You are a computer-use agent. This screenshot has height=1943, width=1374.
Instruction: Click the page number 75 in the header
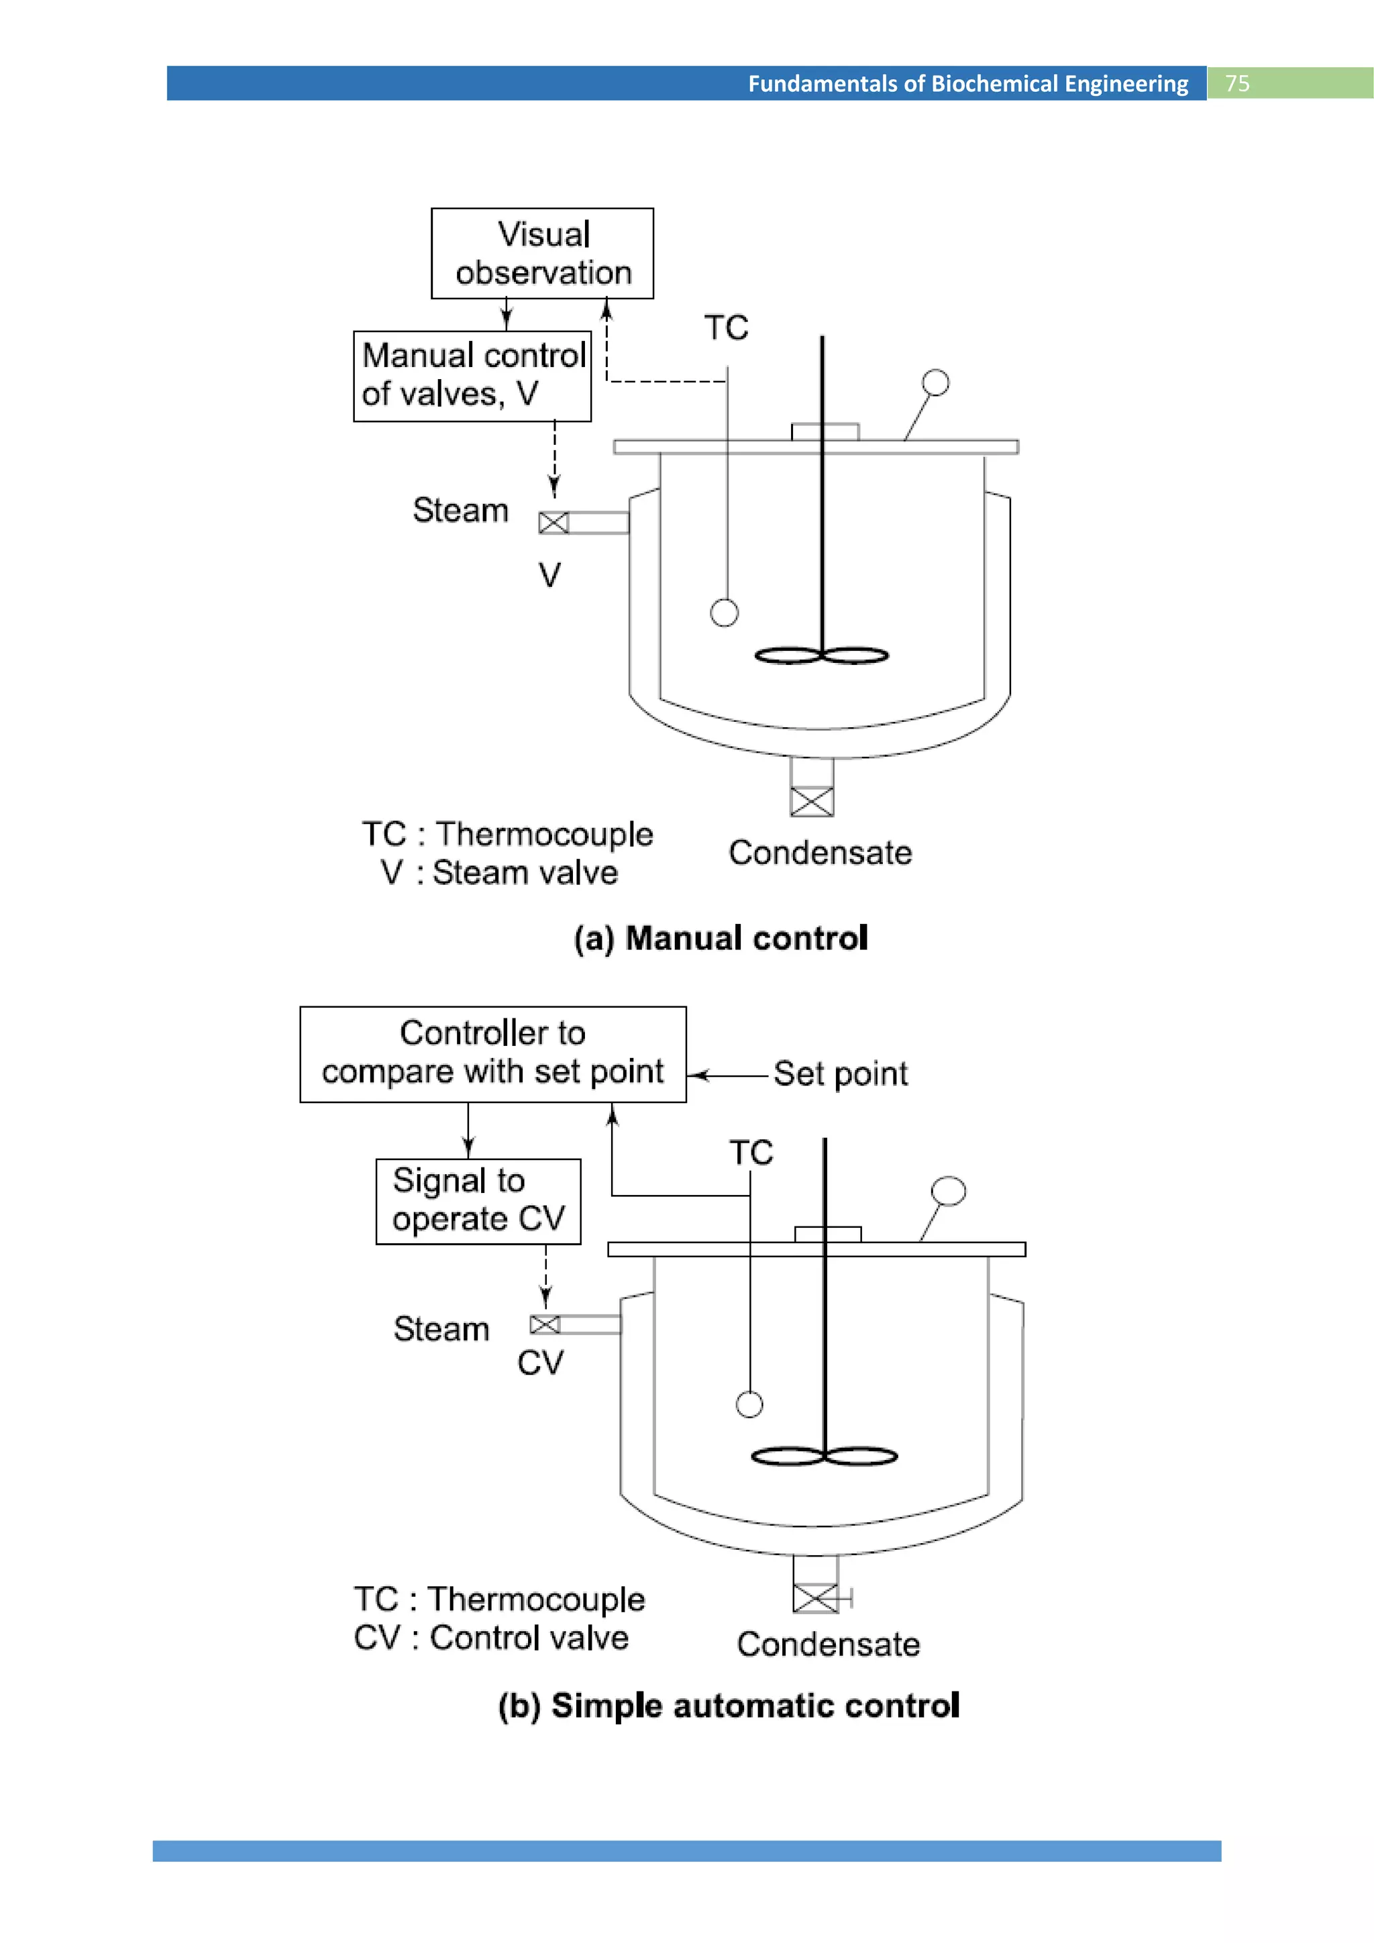1237,83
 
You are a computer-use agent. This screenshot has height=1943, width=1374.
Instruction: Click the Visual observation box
542,253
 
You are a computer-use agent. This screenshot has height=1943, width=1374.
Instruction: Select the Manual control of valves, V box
472,376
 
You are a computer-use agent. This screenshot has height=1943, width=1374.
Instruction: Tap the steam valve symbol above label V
553,523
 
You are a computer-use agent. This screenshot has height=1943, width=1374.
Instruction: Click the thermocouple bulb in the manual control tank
724,612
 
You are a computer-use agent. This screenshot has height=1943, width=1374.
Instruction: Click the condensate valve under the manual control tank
811,800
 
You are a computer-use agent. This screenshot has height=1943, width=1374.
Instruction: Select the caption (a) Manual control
721,939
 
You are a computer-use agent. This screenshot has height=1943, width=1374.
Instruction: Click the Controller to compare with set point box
492,1053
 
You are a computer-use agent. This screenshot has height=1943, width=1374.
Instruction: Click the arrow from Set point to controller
728,1075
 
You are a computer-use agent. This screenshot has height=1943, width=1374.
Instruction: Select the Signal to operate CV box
478,1201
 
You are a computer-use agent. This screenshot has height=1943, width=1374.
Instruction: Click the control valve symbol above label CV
545,1324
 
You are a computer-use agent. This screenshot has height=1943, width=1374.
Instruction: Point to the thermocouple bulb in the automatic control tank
749,1405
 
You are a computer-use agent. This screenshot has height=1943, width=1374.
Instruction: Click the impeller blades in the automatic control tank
824,1455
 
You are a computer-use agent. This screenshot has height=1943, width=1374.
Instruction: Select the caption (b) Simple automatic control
729,1705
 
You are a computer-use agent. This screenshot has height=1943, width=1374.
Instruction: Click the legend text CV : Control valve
490,1638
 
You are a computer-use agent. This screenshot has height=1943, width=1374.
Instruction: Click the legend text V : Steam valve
499,872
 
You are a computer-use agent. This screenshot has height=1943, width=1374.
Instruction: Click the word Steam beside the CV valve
441,1328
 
